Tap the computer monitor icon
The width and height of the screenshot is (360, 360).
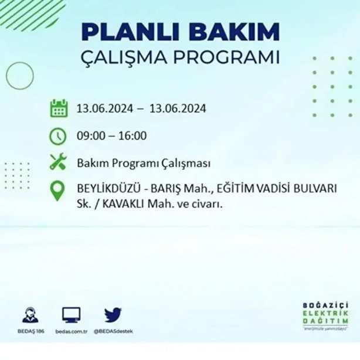point(71,315)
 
